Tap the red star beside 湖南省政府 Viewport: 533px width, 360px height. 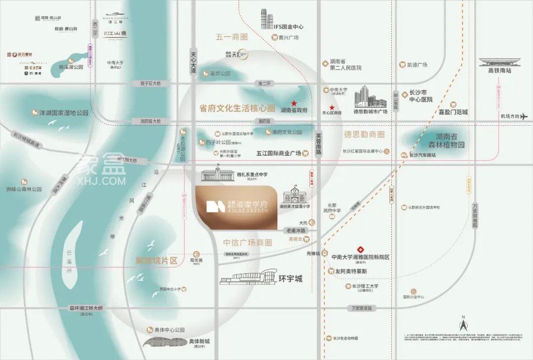(x=294, y=104)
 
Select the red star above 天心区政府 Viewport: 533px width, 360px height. (x=332, y=108)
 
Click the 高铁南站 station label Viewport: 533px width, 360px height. (x=500, y=71)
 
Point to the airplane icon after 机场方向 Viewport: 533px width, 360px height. (x=524, y=116)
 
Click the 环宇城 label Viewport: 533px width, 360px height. (x=290, y=279)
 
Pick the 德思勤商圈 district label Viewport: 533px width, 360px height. (x=364, y=134)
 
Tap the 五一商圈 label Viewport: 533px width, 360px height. (x=231, y=37)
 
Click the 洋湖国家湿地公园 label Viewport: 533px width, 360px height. (x=64, y=113)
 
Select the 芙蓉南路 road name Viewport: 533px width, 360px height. (x=318, y=144)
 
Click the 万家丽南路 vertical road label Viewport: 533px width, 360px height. (x=475, y=215)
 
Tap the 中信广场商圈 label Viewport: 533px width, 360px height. (x=248, y=243)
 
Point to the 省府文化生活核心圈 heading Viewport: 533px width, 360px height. (x=237, y=108)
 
